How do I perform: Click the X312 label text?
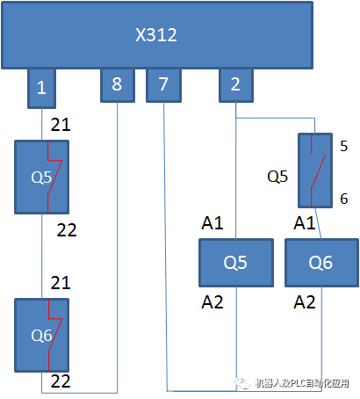(x=156, y=36)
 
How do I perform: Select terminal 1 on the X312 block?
(x=41, y=88)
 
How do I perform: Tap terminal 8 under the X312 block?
(x=117, y=85)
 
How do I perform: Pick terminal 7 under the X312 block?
(x=162, y=85)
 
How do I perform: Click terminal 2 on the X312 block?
(x=235, y=85)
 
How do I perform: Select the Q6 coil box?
(x=320, y=262)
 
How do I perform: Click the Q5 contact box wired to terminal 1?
(x=41, y=177)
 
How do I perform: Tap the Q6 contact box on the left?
(x=41, y=335)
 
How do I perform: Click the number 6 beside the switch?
(x=344, y=199)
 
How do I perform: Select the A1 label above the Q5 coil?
(x=213, y=224)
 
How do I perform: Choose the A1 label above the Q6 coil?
(x=305, y=224)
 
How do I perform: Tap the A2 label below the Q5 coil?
(x=213, y=302)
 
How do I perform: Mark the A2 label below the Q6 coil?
(x=305, y=302)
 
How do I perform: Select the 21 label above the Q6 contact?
(x=61, y=282)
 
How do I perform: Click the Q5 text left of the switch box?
(x=277, y=176)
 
